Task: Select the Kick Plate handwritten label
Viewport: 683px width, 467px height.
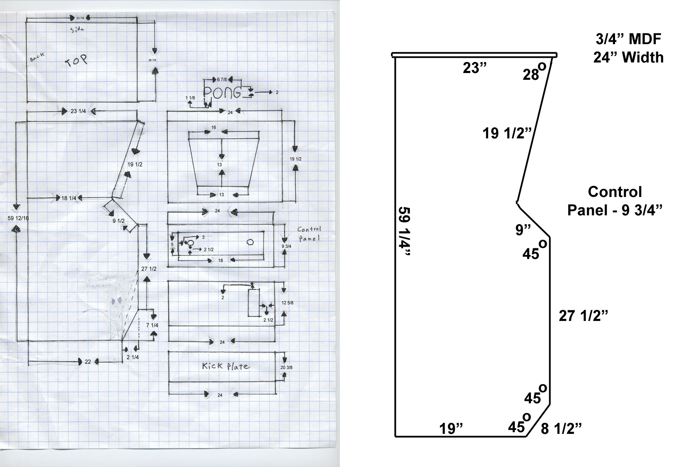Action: click(x=226, y=366)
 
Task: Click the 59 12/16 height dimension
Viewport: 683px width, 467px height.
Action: click(x=18, y=218)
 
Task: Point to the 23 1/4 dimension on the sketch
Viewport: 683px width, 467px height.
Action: click(x=78, y=111)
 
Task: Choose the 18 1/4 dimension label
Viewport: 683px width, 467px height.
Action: click(x=69, y=198)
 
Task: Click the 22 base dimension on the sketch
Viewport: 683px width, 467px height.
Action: click(x=88, y=362)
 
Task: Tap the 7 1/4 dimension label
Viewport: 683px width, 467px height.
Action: click(x=152, y=325)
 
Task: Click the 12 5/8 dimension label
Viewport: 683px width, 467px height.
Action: click(x=288, y=303)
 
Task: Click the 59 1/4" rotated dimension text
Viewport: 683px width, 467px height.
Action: click(x=404, y=232)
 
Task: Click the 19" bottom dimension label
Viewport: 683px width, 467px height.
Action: click(x=451, y=429)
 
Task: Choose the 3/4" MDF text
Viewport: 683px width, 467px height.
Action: click(x=628, y=40)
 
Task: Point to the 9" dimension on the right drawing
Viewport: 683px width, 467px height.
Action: click(x=523, y=230)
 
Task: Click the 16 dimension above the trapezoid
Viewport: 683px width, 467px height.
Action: click(x=214, y=128)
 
